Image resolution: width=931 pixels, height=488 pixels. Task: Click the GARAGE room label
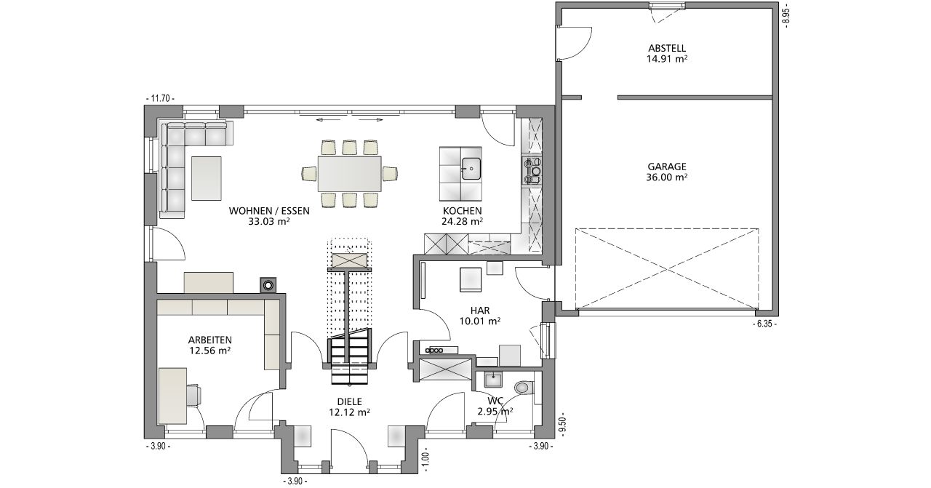coord(667,167)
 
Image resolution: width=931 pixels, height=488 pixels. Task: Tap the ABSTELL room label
coord(667,48)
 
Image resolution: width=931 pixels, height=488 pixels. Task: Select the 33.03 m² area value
coord(269,222)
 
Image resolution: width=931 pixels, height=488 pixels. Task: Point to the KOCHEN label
coord(462,211)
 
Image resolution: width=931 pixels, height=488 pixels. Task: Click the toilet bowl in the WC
coord(523,388)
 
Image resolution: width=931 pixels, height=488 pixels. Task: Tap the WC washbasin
coord(493,380)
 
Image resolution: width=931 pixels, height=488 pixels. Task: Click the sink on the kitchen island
coord(471,168)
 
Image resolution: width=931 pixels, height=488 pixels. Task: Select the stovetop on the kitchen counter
coord(532,170)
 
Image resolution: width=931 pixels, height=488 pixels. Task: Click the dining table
coord(350,173)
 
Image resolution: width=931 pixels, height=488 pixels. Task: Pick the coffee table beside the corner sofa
coord(206,178)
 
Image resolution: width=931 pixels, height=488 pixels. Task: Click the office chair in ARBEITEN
coord(193,395)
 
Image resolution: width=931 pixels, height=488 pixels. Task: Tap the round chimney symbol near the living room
coord(268,285)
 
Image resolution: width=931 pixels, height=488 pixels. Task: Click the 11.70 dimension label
coord(160,98)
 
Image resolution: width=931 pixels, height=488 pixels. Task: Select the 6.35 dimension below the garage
coord(764,324)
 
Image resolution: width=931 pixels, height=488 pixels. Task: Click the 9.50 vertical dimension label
coord(564,425)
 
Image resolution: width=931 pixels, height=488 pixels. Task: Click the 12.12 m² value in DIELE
coord(350,412)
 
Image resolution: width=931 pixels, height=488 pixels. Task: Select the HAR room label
coord(480,311)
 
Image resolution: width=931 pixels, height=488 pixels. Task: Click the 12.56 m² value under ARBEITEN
coord(210,351)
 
